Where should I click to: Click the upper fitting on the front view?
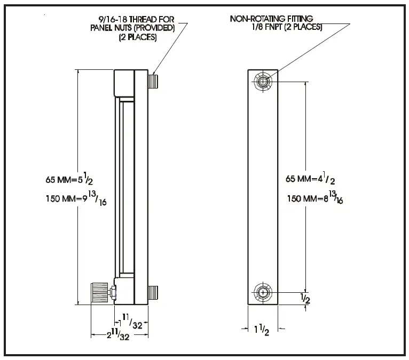pos(263,82)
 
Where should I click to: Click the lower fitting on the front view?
pos(263,293)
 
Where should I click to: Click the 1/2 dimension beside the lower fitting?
pos(306,299)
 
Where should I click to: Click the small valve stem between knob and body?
pos(112,292)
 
